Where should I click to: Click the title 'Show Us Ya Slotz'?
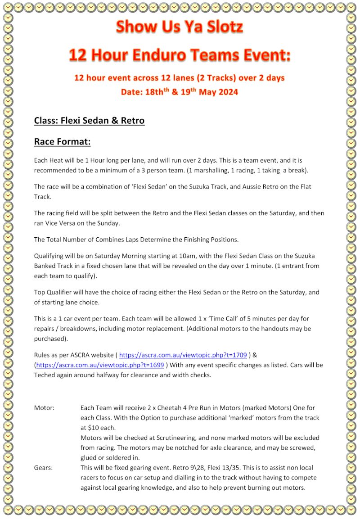click(x=180, y=27)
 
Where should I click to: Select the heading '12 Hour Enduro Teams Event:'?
click(x=180, y=55)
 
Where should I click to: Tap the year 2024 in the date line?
click(x=228, y=92)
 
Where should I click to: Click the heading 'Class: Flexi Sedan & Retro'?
click(x=89, y=121)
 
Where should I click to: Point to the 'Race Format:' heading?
click(x=62, y=142)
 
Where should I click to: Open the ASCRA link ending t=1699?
click(x=100, y=365)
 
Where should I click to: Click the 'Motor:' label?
click(x=44, y=407)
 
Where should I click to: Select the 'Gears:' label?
click(x=43, y=467)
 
